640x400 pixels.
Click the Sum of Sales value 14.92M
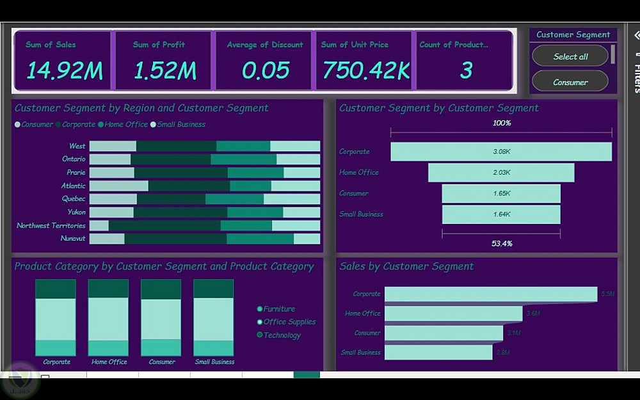pos(64,70)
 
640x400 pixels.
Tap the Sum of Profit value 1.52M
pos(164,70)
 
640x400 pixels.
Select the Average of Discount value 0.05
pos(266,70)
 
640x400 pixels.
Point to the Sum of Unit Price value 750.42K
pos(365,70)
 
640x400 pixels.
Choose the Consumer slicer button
pos(570,82)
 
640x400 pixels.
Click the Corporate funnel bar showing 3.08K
pos(501,152)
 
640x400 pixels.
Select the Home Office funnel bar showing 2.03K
pos(501,173)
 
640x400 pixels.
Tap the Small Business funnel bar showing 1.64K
pos(501,214)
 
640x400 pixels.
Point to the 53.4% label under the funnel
pos(502,244)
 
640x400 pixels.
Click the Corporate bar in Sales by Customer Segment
pos(490,294)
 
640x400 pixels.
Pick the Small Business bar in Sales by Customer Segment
pos(438,353)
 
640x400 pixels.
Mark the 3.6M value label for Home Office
pos(533,314)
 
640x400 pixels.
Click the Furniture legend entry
pos(278,309)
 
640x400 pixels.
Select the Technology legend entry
pos(282,335)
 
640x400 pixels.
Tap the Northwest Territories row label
pos(51,226)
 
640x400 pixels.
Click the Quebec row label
pos(74,199)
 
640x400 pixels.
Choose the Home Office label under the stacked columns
pos(109,362)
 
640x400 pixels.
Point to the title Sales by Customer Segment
pos(406,266)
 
